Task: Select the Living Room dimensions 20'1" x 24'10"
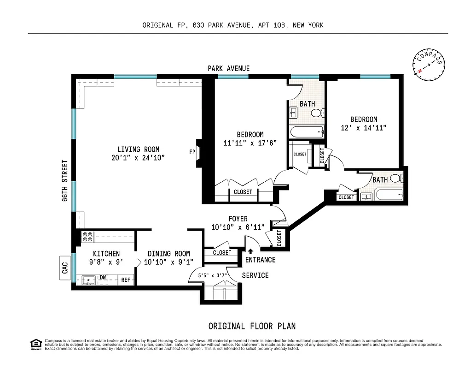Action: (x=138, y=158)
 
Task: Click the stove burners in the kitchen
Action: (x=87, y=237)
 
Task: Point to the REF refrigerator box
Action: (x=126, y=280)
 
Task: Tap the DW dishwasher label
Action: (x=104, y=278)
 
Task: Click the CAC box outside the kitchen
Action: (x=65, y=268)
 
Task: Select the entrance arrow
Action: (x=250, y=251)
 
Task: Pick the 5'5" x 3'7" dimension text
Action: (x=211, y=276)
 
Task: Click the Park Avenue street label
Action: (x=228, y=69)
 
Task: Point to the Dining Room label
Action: (x=168, y=254)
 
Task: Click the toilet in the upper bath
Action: (x=317, y=113)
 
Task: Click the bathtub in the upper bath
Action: (x=307, y=132)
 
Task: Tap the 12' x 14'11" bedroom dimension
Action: (x=363, y=127)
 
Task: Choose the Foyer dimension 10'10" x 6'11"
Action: (x=238, y=227)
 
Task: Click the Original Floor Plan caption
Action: (x=252, y=326)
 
